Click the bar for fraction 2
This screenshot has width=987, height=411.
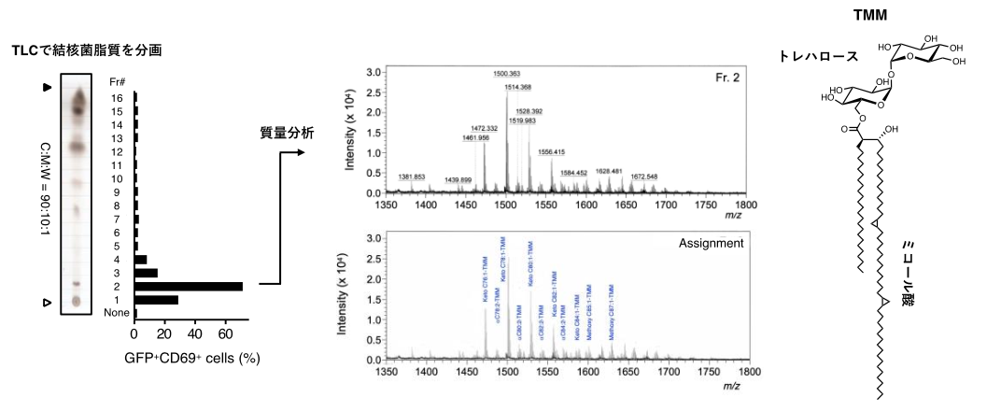[189, 286]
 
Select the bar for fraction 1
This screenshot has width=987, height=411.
[157, 300]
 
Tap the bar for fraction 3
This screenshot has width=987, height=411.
[147, 273]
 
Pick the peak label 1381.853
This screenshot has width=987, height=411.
[413, 177]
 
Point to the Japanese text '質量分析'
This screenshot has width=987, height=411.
[287, 134]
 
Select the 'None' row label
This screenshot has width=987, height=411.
[117, 314]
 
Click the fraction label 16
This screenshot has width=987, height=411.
[117, 97]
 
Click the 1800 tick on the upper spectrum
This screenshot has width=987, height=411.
[745, 205]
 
